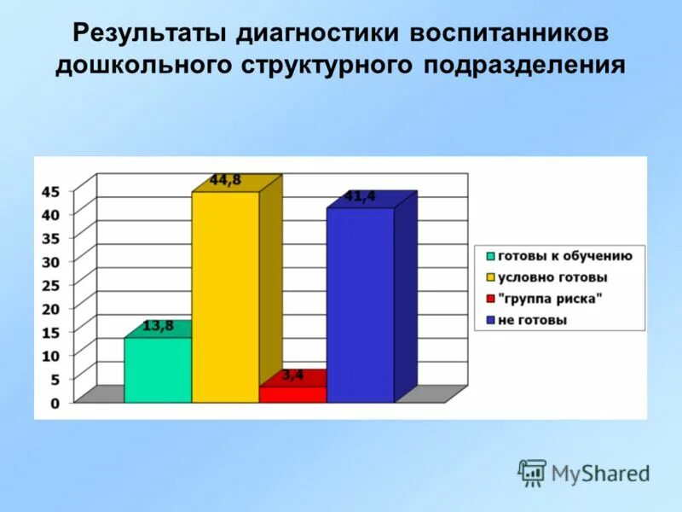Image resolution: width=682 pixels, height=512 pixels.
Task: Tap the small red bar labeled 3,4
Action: tap(292, 394)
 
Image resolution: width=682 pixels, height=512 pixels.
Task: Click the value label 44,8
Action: tap(225, 180)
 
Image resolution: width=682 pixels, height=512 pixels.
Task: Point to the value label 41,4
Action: tap(360, 196)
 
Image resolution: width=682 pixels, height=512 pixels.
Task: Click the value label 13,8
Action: tap(158, 325)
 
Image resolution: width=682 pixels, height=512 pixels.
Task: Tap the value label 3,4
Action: tap(292, 374)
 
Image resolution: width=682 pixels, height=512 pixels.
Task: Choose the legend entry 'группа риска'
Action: tap(550, 299)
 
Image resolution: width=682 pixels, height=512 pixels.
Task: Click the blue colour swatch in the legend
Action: tap(490, 321)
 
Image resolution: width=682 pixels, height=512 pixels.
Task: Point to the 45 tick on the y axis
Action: tap(50, 191)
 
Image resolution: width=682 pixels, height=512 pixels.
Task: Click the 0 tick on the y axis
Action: tap(55, 403)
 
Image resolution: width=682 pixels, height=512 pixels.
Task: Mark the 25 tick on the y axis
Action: tap(50, 285)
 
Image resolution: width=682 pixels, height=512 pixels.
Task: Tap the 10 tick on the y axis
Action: tap(50, 355)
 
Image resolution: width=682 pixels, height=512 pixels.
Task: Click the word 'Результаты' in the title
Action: tap(148, 33)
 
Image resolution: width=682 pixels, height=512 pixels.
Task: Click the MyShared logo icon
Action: tap(532, 472)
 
